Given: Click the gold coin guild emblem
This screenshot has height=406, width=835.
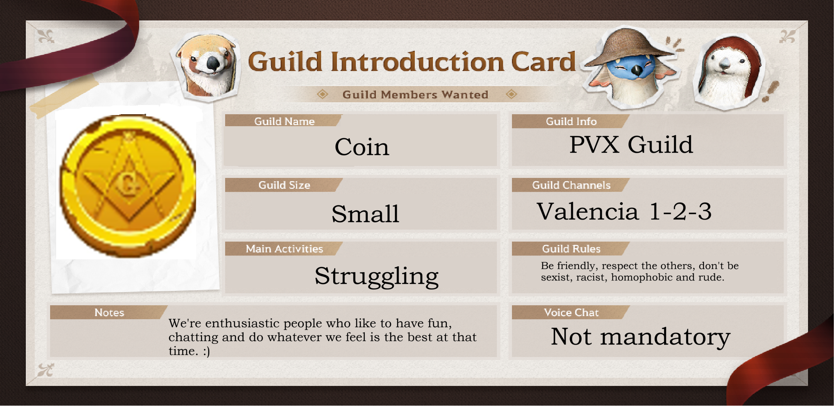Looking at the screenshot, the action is pyautogui.click(x=128, y=185).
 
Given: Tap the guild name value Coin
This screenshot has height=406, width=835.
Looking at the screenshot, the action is pyautogui.click(x=362, y=147).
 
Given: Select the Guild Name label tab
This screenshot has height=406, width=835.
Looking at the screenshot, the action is pyautogui.click(x=284, y=121).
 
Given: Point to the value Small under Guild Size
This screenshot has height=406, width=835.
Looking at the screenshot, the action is pyautogui.click(x=365, y=213).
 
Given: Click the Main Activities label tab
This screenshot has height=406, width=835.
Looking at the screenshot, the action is pyautogui.click(x=284, y=249).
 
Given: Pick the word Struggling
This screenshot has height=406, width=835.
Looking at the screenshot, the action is pyautogui.click(x=376, y=276).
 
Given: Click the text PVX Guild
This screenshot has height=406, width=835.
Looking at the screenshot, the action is pyautogui.click(x=631, y=145).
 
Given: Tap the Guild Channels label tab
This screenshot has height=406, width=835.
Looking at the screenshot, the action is pyautogui.click(x=571, y=185).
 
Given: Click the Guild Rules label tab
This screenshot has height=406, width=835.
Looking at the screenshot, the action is pyautogui.click(x=571, y=249).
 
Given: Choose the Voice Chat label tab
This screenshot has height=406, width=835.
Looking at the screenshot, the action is pyautogui.click(x=571, y=312).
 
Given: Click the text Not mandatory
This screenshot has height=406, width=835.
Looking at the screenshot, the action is pyautogui.click(x=640, y=337).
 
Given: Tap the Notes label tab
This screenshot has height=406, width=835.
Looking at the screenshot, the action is pyautogui.click(x=109, y=312).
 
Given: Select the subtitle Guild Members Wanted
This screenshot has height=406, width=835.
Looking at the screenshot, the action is pyautogui.click(x=415, y=95).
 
